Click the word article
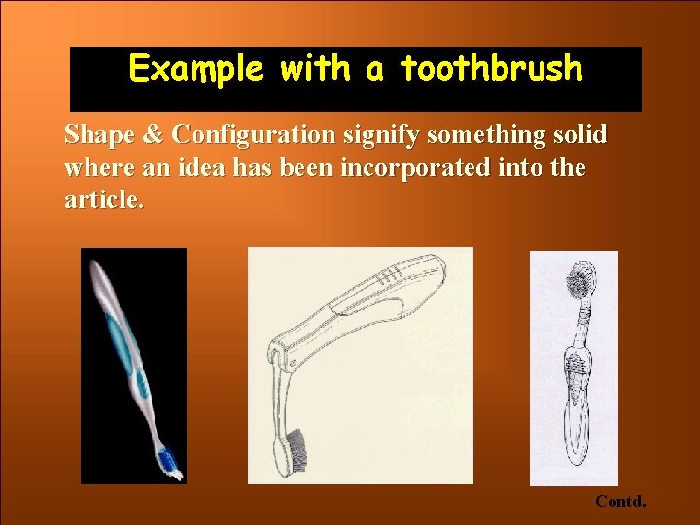(x=104, y=201)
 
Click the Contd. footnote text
(x=620, y=502)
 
